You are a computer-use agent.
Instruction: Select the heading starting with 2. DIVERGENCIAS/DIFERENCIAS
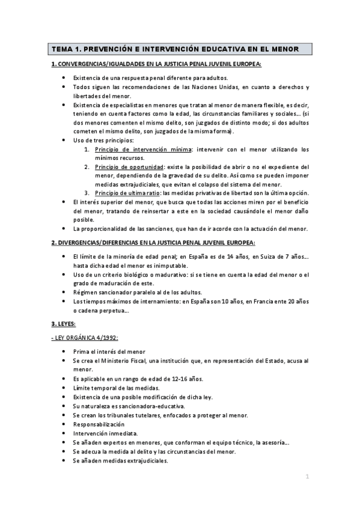tap(153, 242)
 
